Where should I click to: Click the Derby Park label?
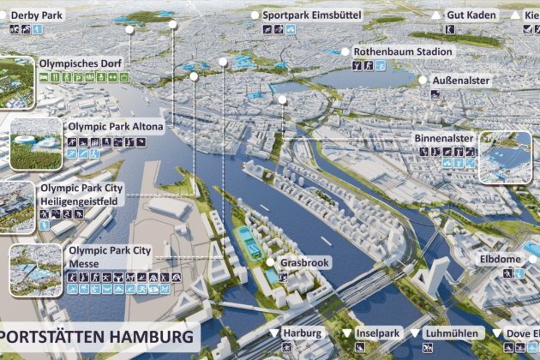(x=38, y=15)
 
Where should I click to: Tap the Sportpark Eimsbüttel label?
(x=312, y=15)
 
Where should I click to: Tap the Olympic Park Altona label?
(x=117, y=125)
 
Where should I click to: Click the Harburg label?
(x=303, y=333)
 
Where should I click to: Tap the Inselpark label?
(x=377, y=333)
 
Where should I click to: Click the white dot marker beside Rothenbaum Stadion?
(x=345, y=51)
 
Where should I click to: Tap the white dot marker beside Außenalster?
(x=423, y=81)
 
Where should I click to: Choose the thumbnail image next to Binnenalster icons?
(x=506, y=157)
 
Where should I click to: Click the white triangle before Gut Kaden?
(x=436, y=15)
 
